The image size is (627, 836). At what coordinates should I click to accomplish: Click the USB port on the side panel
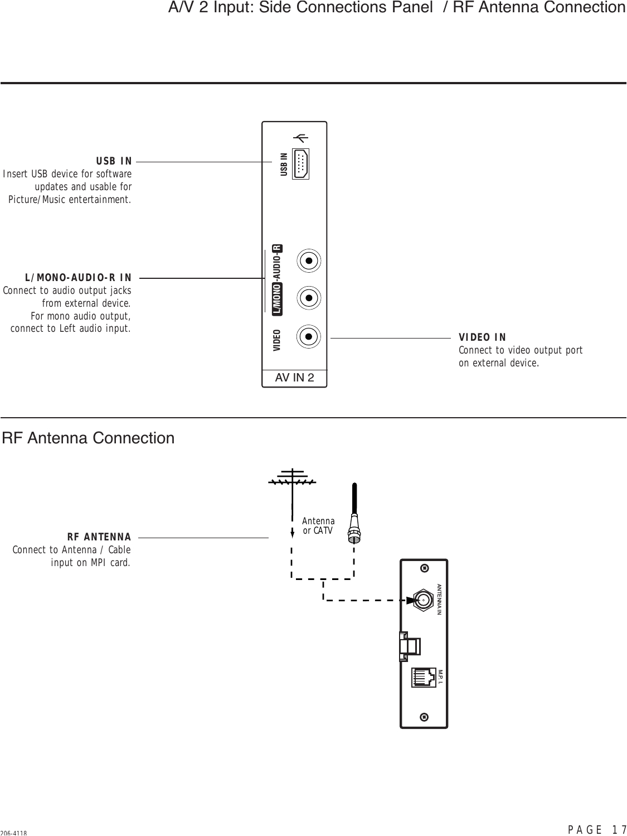[300, 164]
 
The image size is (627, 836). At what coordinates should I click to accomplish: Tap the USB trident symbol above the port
[301, 138]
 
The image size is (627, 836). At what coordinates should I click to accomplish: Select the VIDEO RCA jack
[309, 337]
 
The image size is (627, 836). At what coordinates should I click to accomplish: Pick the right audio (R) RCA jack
[309, 260]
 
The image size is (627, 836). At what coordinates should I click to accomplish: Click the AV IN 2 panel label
[294, 378]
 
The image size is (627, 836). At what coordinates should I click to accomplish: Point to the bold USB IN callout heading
[114, 161]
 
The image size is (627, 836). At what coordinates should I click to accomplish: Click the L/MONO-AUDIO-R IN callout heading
[78, 278]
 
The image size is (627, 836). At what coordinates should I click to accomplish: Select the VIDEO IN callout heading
[482, 337]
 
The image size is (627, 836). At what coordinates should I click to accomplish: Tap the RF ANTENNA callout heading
[99, 538]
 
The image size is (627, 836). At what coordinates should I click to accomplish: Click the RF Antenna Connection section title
[89, 438]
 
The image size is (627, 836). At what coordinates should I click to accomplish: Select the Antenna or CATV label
[318, 526]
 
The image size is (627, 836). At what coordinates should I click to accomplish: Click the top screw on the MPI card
[425, 568]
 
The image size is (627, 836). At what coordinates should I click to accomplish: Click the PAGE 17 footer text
[597, 829]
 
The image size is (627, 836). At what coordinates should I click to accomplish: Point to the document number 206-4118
[14, 832]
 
